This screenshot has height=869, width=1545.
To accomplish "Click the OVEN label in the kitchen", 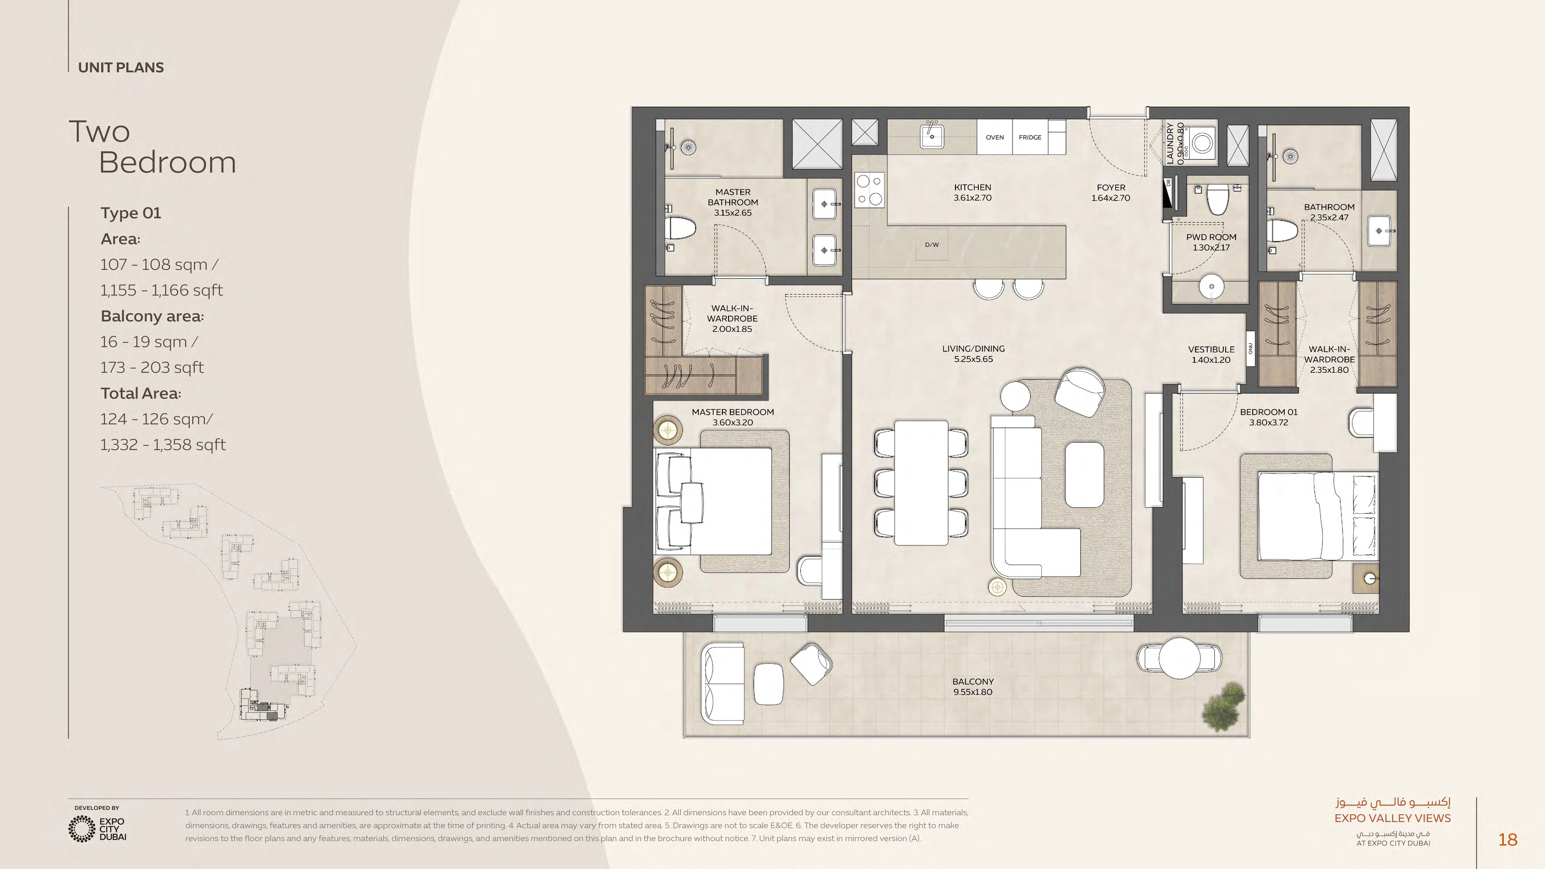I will [995, 137].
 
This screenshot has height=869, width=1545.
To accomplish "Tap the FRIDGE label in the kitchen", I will [1030, 137].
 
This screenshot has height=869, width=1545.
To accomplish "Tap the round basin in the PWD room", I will [1212, 287].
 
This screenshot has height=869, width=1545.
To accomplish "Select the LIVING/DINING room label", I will [973, 354].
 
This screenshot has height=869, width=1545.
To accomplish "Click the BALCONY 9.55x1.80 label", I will [973, 687].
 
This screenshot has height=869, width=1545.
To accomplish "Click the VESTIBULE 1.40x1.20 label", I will [1211, 355].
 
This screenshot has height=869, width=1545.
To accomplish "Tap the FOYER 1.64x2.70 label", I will [1111, 192].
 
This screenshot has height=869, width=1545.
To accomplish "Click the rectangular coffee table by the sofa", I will [1084, 474].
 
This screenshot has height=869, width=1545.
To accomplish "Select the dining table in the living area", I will [921, 483].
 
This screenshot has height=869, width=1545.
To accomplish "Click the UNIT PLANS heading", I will [121, 68].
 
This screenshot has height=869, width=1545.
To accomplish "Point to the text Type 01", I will [131, 213].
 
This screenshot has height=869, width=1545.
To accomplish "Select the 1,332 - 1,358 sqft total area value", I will [163, 445].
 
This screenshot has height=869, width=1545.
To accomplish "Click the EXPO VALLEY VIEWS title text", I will [1392, 818].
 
